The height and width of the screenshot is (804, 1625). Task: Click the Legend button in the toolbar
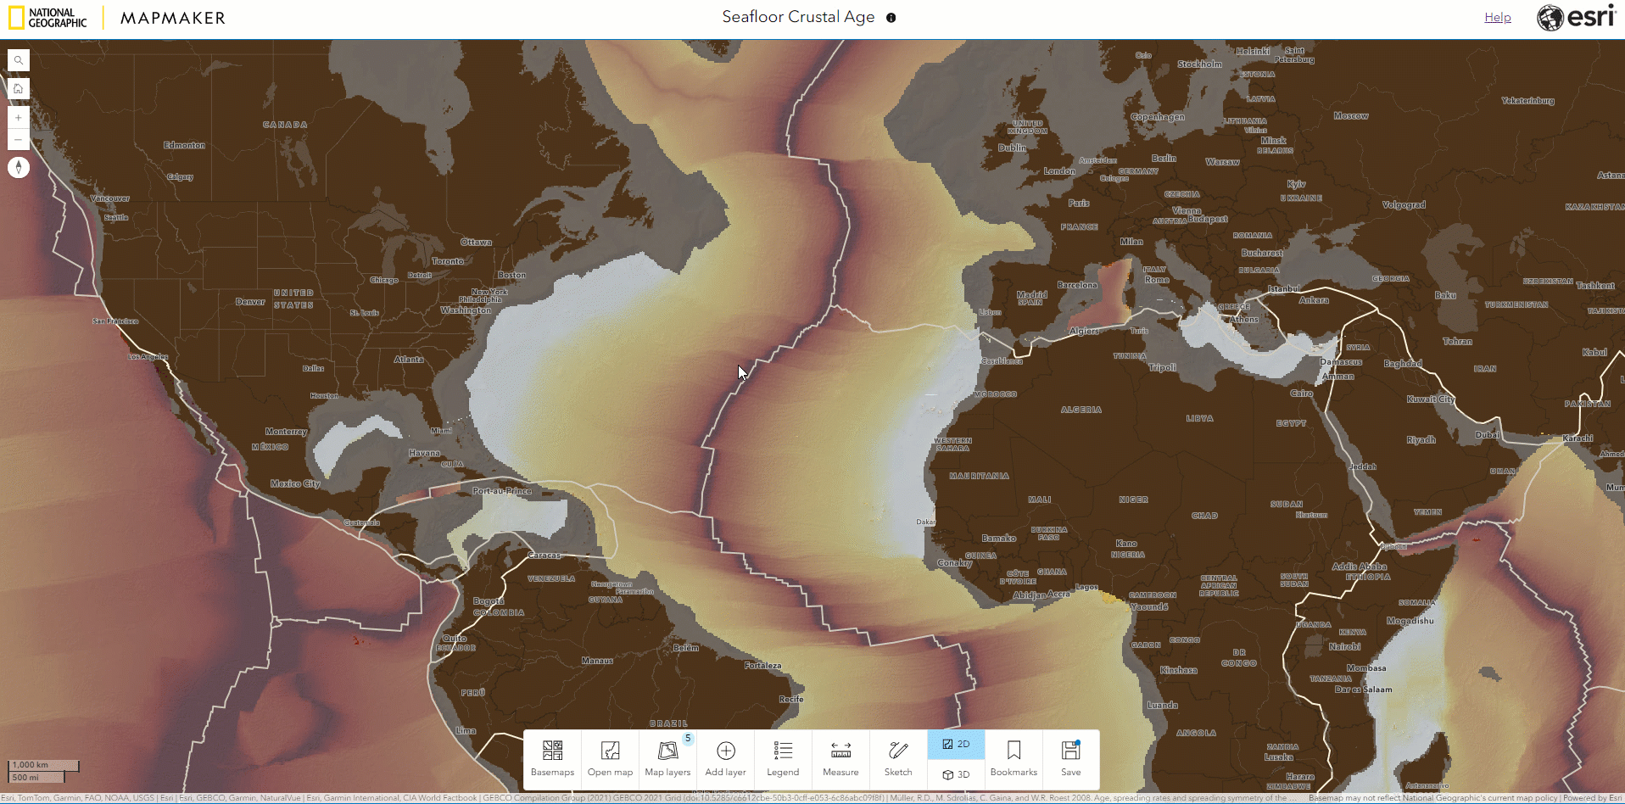click(783, 758)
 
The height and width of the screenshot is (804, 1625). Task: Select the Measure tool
click(840, 758)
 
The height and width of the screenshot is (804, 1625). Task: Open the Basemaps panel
click(552, 758)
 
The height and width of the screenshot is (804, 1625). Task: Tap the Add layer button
click(725, 758)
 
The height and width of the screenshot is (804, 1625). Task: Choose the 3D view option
click(956, 774)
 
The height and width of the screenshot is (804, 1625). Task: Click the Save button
click(1071, 758)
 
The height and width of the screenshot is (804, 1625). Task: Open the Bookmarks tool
click(1014, 758)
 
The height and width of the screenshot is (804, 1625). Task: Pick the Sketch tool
click(898, 758)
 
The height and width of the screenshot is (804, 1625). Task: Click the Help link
click(1497, 17)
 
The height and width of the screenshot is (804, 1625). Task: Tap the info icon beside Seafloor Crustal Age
click(891, 18)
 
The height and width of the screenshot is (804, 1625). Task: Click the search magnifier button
click(19, 60)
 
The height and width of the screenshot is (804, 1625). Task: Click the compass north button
click(19, 167)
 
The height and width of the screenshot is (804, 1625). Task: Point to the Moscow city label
click(1351, 116)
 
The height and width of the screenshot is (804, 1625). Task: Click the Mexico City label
click(295, 483)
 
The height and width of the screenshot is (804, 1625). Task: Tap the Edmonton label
click(184, 145)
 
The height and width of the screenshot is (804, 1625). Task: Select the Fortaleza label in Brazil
click(762, 666)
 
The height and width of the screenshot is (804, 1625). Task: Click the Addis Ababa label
click(1360, 567)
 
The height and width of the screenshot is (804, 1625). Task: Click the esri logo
click(1577, 17)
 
